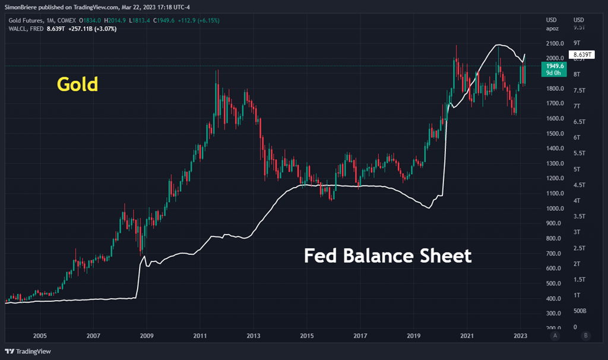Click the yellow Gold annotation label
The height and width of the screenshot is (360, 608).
pyautogui.click(x=77, y=85)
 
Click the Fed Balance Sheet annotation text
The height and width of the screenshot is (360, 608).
pyautogui.click(x=388, y=256)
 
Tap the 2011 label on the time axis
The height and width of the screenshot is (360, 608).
pyautogui.click(x=200, y=336)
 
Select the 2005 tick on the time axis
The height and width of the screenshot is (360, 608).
pyautogui.click(x=40, y=336)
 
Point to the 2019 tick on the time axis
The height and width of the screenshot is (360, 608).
pyautogui.click(x=414, y=336)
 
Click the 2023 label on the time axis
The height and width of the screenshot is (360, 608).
pyautogui.click(x=521, y=336)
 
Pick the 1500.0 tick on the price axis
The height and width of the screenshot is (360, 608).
pyautogui.click(x=555, y=134)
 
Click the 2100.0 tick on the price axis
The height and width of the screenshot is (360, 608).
pyautogui.click(x=555, y=43)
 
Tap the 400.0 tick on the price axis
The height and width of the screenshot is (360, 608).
pyautogui.click(x=555, y=299)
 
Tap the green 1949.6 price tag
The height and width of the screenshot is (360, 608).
pyautogui.click(x=555, y=69)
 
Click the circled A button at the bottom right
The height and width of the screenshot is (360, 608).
pyautogui.click(x=555, y=336)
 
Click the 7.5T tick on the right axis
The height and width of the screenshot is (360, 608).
pyautogui.click(x=578, y=90)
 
